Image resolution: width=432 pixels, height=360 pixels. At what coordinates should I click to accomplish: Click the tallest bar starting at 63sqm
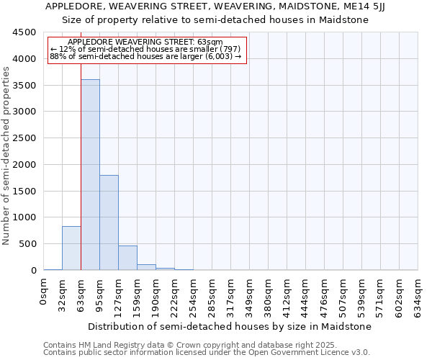pos(90,175)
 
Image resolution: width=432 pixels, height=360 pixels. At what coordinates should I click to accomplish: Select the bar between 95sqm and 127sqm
pos(109,222)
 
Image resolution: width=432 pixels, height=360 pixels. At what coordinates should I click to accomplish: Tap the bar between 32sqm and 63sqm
pos(71,248)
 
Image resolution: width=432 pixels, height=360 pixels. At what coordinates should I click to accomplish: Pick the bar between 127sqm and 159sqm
pos(127,258)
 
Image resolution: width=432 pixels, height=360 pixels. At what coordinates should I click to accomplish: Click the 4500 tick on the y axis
pos(25,32)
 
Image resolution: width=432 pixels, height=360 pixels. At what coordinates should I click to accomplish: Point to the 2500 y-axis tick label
pos(25,138)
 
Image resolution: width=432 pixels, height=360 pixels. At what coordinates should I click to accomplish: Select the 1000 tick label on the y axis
pos(25,217)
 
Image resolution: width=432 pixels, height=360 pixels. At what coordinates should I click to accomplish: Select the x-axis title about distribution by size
pos(230,326)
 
